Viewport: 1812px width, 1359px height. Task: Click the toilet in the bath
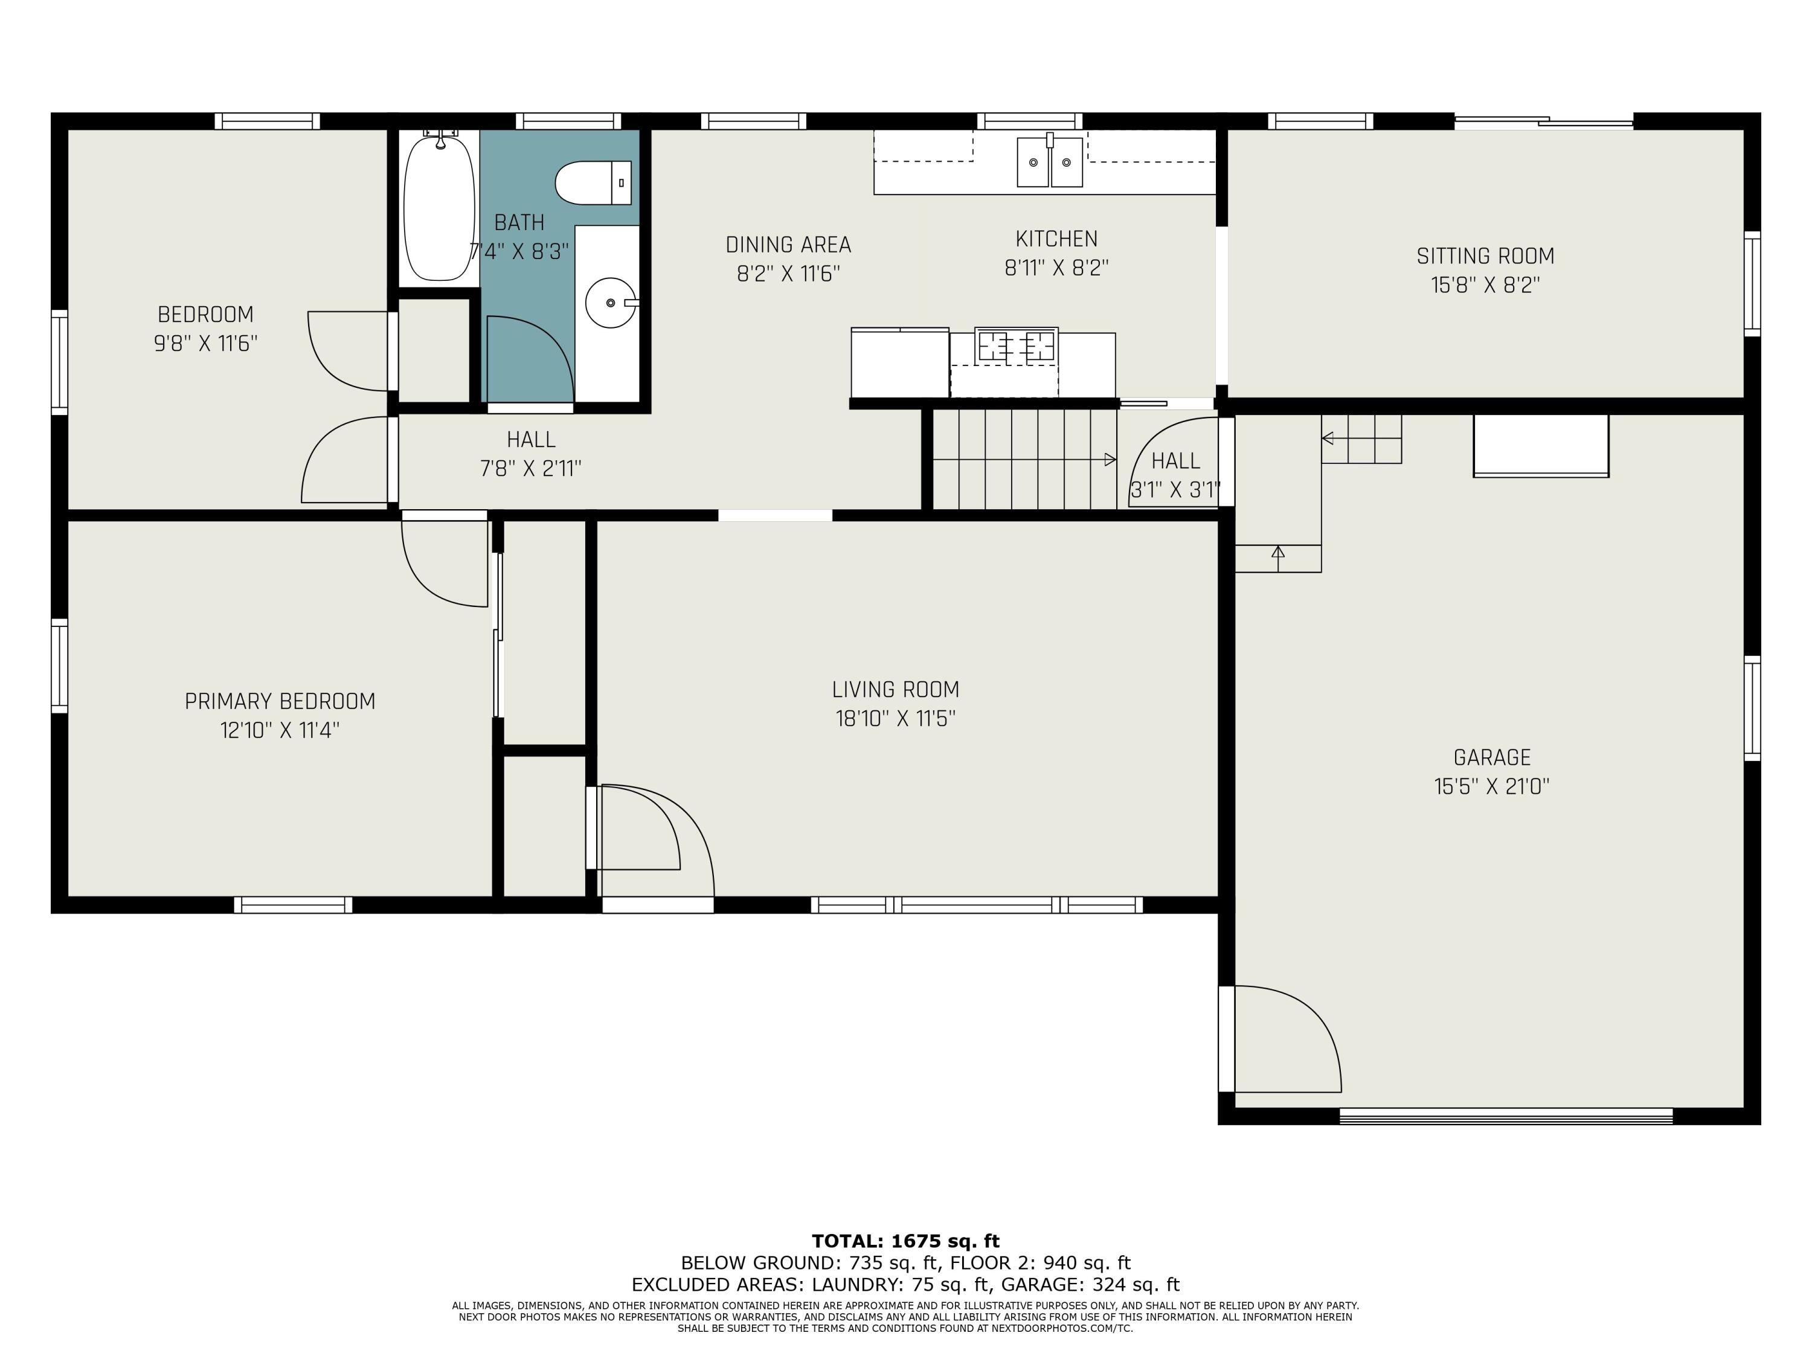[593, 182]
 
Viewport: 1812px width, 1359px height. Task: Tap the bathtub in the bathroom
[439, 208]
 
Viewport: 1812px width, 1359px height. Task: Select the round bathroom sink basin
[610, 302]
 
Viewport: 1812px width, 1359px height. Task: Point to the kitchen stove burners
[1016, 345]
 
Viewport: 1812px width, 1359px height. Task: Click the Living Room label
[895, 690]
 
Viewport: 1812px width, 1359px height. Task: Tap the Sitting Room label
[1485, 257]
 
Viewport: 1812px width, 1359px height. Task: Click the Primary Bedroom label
[280, 701]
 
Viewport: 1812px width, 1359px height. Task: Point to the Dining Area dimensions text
[788, 274]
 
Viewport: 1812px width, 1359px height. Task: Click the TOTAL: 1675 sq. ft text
[905, 1241]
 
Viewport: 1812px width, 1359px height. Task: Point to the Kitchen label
[1056, 239]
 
